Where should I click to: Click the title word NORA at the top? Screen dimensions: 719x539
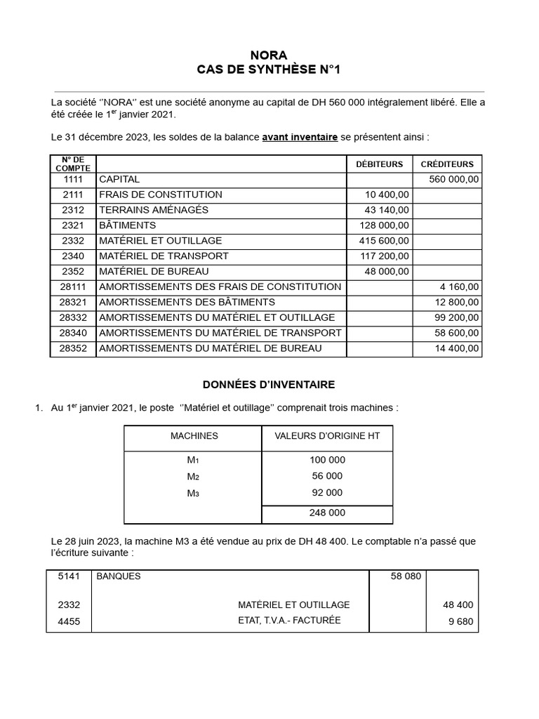pos(269,55)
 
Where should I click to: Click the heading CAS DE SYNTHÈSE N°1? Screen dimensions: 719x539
pos(269,70)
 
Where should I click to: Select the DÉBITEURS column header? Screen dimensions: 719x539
pos(379,164)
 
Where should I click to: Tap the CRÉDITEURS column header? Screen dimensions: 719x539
pos(447,164)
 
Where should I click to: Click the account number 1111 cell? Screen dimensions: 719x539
pos(73,180)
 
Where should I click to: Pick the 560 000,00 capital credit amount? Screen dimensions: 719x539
pos(453,180)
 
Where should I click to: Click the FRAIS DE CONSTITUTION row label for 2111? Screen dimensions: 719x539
pos(161,194)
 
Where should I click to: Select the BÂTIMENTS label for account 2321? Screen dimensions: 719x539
pos(128,225)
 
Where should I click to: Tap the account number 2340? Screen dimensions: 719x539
pos(73,256)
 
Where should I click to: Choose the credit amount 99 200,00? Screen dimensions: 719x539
pos(456,317)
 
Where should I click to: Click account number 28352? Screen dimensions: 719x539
pos(73,348)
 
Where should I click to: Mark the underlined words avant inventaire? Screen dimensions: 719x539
pos(300,137)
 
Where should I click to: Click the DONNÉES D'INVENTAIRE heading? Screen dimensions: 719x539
pos(269,385)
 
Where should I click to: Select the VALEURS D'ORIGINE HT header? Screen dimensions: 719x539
pos(327,436)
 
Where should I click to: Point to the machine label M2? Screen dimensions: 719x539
pos(193,476)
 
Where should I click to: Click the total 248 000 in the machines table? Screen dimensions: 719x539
pos(327,513)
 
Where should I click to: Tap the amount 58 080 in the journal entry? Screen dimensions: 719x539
pos(406,576)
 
